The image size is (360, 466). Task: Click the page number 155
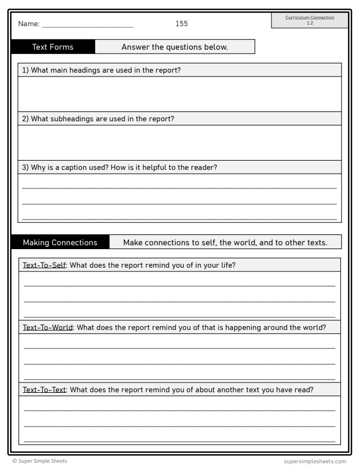coord(181,23)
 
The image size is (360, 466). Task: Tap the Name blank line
coord(87,25)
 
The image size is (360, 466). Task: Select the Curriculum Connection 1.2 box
coord(310,20)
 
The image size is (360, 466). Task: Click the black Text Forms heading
coord(53,47)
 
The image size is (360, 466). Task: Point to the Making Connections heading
coord(60,243)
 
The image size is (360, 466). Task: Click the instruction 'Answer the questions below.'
coord(175,47)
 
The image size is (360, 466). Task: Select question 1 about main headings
coord(101,70)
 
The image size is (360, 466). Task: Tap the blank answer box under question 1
coord(180,94)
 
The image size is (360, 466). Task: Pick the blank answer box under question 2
coord(180,143)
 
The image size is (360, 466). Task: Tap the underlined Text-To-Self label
coord(44,266)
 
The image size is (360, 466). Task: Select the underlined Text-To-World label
coord(48,328)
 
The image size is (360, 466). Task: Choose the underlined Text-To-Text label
coord(44,390)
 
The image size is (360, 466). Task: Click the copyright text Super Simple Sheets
coord(40,461)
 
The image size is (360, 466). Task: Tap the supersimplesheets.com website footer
coord(315,461)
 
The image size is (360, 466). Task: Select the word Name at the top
coord(28,24)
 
